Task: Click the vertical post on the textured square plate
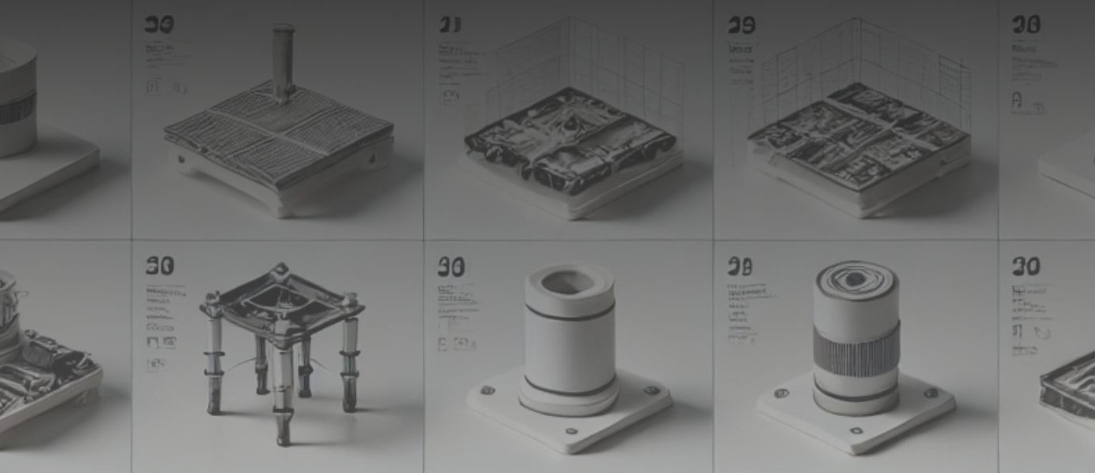pos(283,63)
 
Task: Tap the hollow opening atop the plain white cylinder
pos(569,281)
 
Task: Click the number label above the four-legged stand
pos(159,266)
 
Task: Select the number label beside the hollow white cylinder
pos(451,266)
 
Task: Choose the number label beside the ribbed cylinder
pos(739,266)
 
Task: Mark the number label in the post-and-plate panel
pos(159,25)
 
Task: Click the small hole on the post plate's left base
pos(181,158)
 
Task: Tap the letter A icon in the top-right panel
pos(1017,101)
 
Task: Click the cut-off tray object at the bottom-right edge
pos(1070,382)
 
